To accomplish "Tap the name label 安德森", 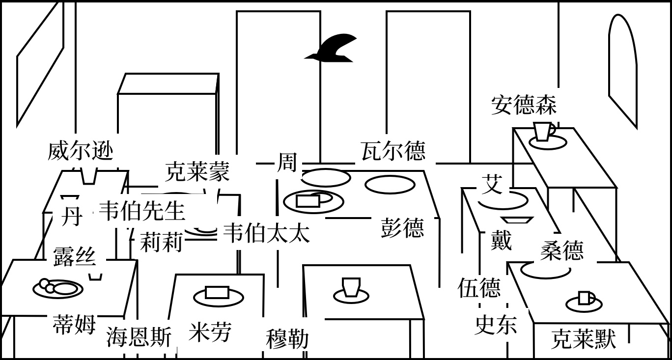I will pos(524,105).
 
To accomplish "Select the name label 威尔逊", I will pos(81,150).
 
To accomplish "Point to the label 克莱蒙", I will pos(197,172).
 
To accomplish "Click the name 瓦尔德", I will pos(393,151).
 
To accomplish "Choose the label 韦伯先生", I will pos(142,211).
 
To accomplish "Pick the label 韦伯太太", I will pos(266,233).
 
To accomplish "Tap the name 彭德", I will pos(402,228).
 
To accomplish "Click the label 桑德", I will pos(562,250).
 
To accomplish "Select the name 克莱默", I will pos(583,339).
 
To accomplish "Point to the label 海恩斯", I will pos(139,337).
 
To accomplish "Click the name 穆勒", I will pos(287,339).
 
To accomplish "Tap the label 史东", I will pos(496,325).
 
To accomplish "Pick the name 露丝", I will pos(74,256).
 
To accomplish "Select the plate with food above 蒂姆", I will pos(57,288).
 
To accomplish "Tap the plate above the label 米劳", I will pos(218,296).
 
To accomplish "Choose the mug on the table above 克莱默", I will pos(585,299).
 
